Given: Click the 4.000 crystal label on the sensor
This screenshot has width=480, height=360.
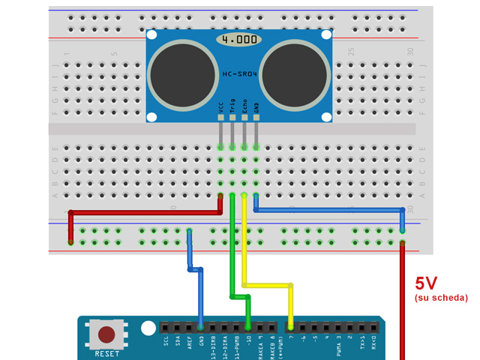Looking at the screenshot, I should pyautogui.click(x=239, y=39).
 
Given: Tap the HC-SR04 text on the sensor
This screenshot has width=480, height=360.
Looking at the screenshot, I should pyautogui.click(x=239, y=73).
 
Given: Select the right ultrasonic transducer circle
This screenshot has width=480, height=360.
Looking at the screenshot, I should pyautogui.click(x=295, y=73).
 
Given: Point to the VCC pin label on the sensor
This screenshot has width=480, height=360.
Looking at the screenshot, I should pyautogui.click(x=221, y=109).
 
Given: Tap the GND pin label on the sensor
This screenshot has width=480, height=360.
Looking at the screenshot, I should pyautogui.click(x=256, y=110).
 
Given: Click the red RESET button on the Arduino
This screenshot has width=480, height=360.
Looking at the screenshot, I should pyautogui.click(x=107, y=334).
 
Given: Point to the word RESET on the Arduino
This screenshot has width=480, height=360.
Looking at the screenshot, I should pyautogui.click(x=107, y=353).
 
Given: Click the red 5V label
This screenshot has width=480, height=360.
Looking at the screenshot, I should pyautogui.click(x=426, y=283).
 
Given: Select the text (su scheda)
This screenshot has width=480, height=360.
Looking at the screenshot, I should pyautogui.click(x=441, y=298).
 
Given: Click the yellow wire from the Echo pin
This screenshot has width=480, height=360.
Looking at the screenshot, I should pyautogui.click(x=244, y=247).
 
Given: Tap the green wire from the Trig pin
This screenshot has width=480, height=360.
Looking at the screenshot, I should pyautogui.click(x=232, y=247).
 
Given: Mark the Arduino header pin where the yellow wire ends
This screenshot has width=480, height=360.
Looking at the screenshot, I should pyautogui.click(x=291, y=328).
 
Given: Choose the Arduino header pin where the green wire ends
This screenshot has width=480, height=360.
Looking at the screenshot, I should pyautogui.click(x=248, y=328).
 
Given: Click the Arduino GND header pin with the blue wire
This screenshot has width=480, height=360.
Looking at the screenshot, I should pyautogui.click(x=201, y=328).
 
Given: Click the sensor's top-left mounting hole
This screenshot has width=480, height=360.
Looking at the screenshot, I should pyautogui.click(x=152, y=35).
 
